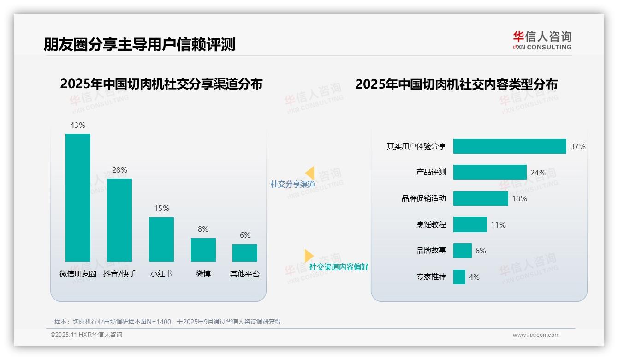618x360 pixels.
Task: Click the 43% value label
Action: click(77, 125)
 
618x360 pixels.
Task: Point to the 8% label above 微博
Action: click(203, 229)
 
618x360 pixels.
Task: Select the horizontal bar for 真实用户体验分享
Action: click(509, 146)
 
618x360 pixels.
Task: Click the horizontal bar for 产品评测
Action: click(489, 172)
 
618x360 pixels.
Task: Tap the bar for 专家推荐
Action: click(459, 277)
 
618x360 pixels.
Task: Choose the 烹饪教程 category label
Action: click(431, 225)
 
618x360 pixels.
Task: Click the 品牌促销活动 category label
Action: click(423, 198)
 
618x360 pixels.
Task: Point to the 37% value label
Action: click(578, 146)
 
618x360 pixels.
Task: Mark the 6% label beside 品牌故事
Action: click(481, 251)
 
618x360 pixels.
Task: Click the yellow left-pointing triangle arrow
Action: click(310, 173)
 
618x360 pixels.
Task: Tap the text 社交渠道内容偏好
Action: click(339, 267)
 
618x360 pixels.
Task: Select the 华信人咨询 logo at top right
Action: click(542, 41)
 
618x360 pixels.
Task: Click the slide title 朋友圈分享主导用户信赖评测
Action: click(139, 44)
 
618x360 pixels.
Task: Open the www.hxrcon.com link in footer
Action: click(535, 335)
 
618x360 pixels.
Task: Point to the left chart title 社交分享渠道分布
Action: click(161, 84)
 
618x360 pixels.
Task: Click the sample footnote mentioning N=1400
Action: click(167, 322)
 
